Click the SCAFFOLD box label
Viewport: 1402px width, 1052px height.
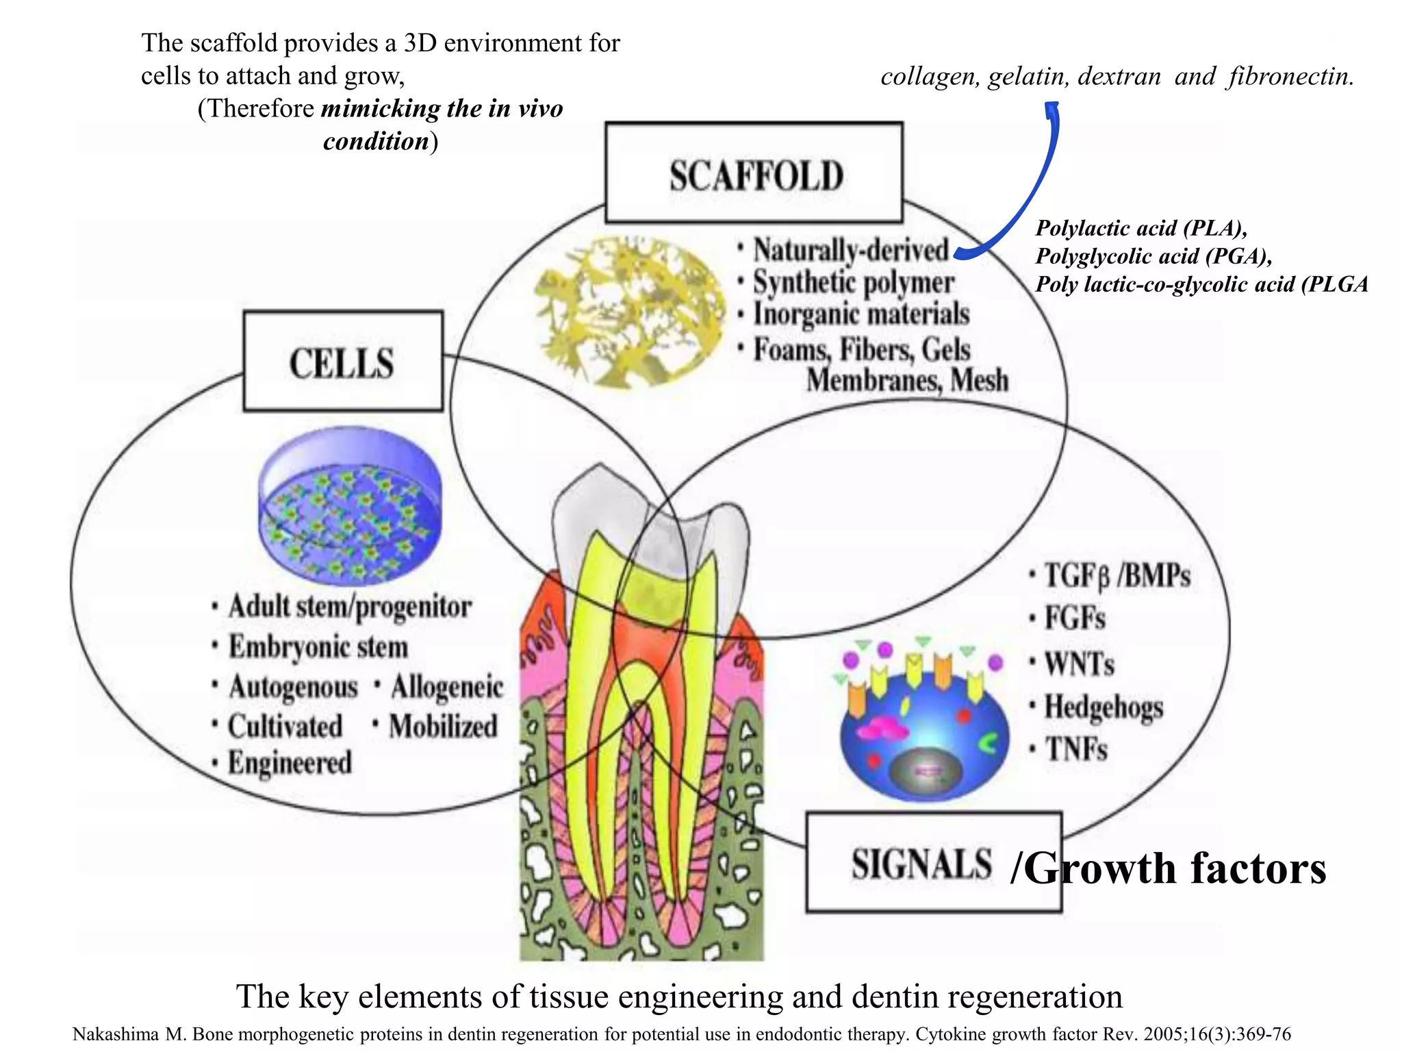pyautogui.click(x=755, y=175)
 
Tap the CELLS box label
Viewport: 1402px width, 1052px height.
pyautogui.click(x=342, y=363)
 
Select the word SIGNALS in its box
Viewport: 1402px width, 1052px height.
pyautogui.click(x=921, y=864)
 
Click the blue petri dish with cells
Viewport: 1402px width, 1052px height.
pyautogui.click(x=350, y=507)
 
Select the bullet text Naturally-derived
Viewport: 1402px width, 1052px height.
pyautogui.click(x=851, y=250)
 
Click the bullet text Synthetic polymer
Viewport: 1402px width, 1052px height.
pyautogui.click(x=853, y=282)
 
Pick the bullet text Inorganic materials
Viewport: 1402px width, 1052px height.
pyautogui.click(x=861, y=314)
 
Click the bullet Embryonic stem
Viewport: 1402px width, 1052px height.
pyautogui.click(x=318, y=647)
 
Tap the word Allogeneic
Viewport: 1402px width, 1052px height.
pyautogui.click(x=446, y=687)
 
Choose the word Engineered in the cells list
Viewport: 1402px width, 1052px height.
pyautogui.click(x=289, y=763)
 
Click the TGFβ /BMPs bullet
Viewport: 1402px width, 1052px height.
pyautogui.click(x=1117, y=576)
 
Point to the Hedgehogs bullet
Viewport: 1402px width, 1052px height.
pyautogui.click(x=1103, y=707)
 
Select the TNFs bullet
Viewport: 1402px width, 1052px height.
pyautogui.click(x=1075, y=749)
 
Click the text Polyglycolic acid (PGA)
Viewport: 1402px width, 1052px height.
pyautogui.click(x=1153, y=256)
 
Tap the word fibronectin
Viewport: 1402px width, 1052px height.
pyautogui.click(x=1290, y=76)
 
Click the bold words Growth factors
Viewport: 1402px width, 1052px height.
pyautogui.click(x=1175, y=868)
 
